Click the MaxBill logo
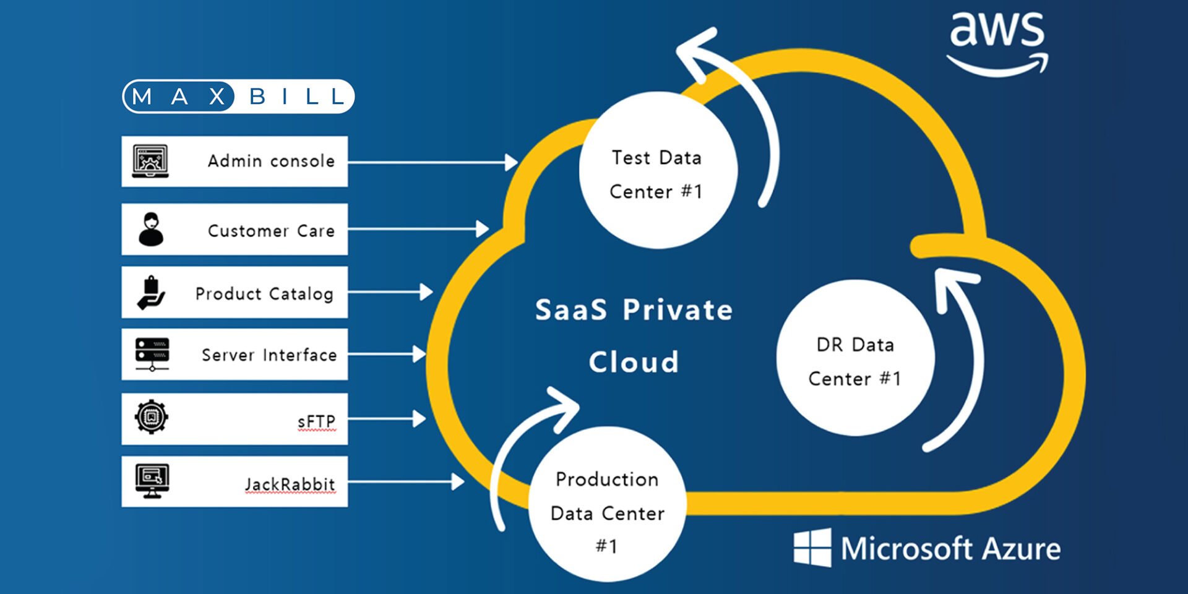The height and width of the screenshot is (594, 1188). point(238,97)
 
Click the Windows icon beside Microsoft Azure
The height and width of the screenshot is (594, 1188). point(812,548)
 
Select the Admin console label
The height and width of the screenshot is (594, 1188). point(271,161)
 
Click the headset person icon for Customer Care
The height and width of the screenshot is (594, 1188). point(151,230)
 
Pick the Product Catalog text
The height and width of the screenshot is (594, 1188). point(264,294)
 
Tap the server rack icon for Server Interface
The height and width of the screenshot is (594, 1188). point(152,354)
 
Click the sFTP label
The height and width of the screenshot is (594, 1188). point(316,421)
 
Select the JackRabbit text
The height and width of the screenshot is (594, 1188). point(290,484)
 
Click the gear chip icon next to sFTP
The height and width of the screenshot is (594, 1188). point(152,418)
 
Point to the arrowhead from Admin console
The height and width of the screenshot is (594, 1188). point(511,162)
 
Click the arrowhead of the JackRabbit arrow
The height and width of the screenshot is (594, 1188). point(458,481)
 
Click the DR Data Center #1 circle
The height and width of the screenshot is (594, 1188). point(854,358)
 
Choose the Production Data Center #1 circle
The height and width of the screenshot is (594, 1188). point(607,504)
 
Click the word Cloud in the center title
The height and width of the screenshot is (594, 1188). point(634,362)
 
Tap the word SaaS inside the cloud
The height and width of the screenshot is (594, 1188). point(570,310)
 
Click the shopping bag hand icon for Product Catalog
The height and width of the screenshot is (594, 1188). point(151,293)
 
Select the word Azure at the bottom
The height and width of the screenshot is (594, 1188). point(1021,549)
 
